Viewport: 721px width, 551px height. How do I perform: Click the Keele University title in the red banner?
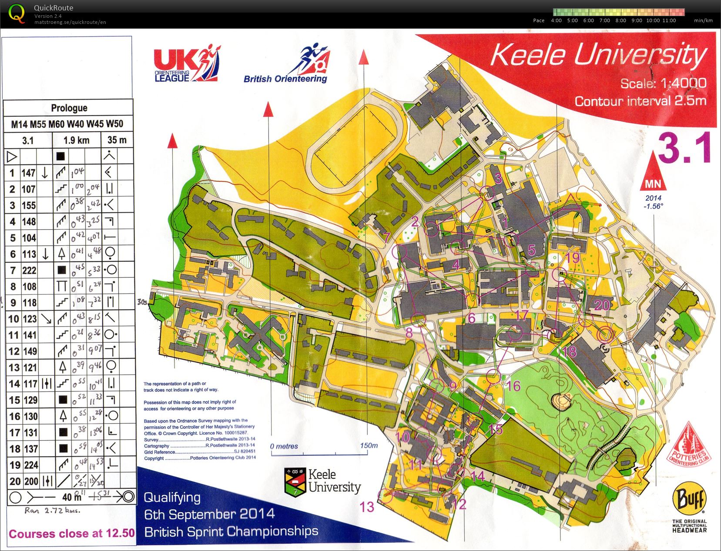(x=598, y=55)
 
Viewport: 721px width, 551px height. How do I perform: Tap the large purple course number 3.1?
(x=684, y=148)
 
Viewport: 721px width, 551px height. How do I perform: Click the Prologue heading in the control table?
(x=69, y=108)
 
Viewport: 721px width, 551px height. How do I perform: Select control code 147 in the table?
(x=28, y=173)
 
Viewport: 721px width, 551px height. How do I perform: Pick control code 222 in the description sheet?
(x=29, y=270)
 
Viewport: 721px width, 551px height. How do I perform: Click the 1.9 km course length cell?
(x=76, y=140)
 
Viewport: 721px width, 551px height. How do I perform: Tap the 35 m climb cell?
(x=117, y=140)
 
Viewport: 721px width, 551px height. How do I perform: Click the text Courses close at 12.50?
(x=72, y=534)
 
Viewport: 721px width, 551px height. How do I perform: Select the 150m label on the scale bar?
(x=369, y=445)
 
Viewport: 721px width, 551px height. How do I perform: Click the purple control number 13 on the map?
(x=366, y=507)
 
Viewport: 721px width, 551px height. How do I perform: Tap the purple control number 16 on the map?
(x=513, y=386)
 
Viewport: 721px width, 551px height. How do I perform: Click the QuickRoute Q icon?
(x=17, y=13)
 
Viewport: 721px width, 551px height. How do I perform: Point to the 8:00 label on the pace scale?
(x=620, y=20)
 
